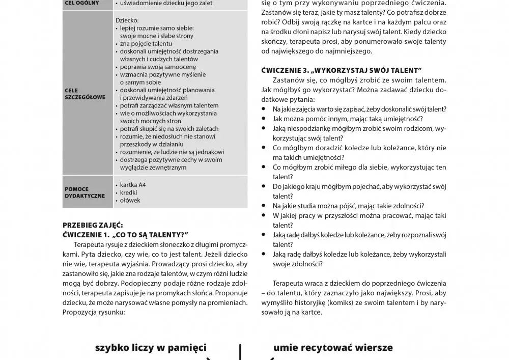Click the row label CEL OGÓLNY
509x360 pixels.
coord(81,3)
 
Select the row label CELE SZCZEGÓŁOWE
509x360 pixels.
coord(85,94)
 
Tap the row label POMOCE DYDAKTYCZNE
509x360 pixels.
coord(84,192)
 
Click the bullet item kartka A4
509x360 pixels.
coord(132,185)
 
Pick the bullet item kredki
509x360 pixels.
coord(129,193)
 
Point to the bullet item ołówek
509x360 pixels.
coord(130,201)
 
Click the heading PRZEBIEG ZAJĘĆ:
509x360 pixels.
coord(93,225)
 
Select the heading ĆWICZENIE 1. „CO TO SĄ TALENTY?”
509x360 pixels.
coord(125,234)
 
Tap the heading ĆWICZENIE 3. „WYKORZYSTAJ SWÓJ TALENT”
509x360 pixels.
coord(342,70)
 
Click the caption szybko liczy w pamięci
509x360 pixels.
coord(151,348)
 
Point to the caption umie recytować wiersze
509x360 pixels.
coord(333,348)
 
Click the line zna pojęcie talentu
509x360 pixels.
coord(146,44)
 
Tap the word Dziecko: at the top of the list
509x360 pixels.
coord(127,20)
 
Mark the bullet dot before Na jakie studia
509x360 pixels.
coord(264,206)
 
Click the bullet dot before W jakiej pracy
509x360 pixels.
coord(264,215)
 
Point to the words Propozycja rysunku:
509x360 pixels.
coord(94,312)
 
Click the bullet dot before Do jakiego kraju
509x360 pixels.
coord(264,186)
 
